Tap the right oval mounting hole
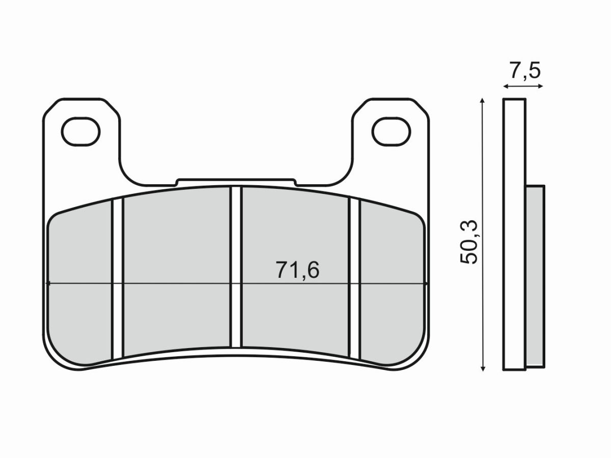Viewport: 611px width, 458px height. point(391,131)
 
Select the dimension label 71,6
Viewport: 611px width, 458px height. point(297,270)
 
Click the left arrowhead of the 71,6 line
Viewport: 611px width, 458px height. point(48,283)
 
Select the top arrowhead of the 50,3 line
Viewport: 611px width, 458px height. point(482,101)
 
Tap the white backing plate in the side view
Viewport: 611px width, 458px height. point(514,234)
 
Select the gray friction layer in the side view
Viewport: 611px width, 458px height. point(535,275)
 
